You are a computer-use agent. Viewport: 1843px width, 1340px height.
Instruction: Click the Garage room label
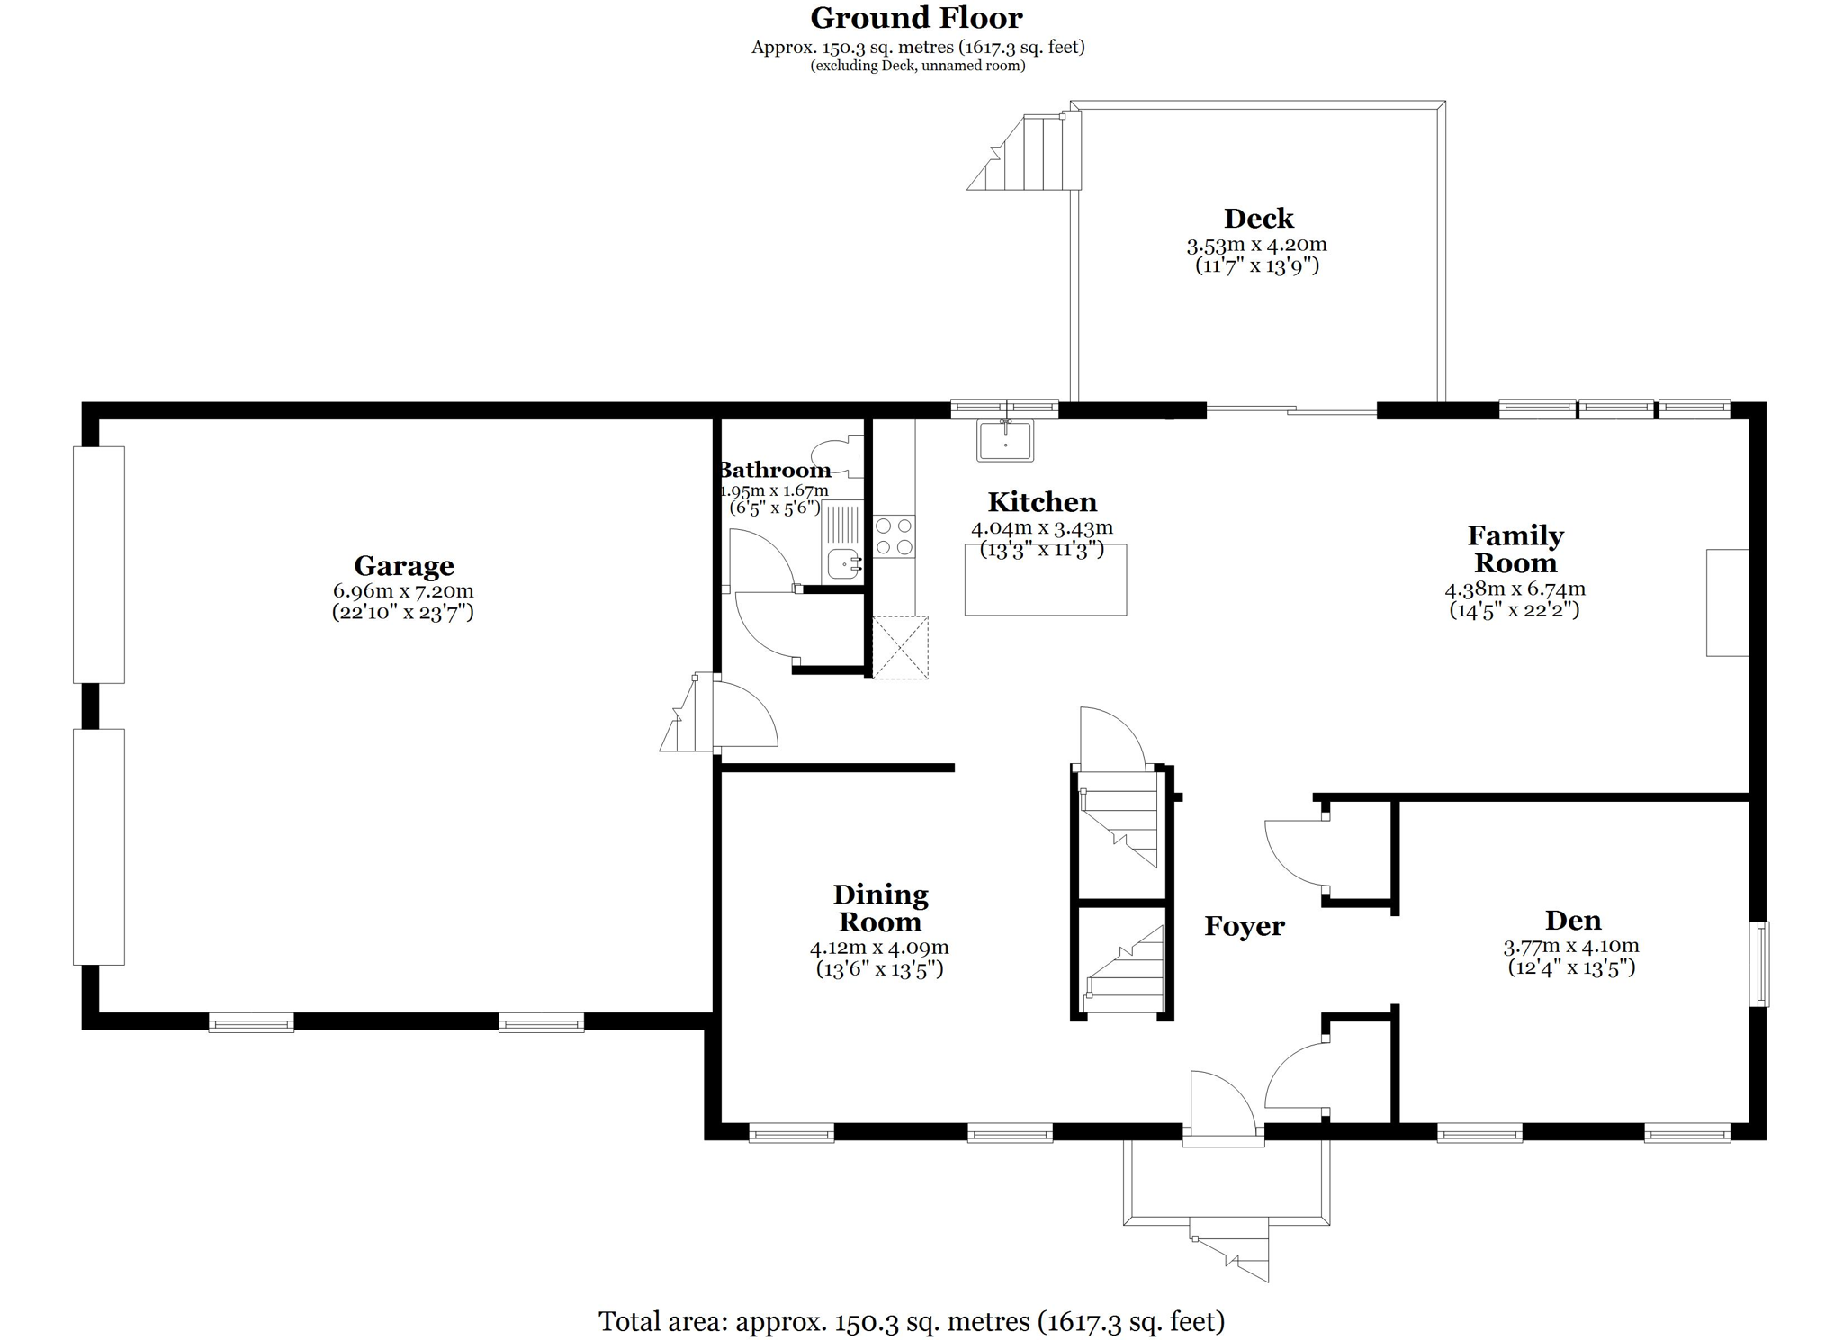(x=404, y=566)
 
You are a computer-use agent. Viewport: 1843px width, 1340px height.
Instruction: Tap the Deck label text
(x=1258, y=219)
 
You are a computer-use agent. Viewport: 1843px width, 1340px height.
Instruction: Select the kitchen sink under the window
(x=1006, y=441)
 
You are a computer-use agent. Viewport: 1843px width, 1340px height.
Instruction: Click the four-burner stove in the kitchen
(x=895, y=536)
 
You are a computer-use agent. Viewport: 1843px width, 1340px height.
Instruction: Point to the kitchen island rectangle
(x=1046, y=580)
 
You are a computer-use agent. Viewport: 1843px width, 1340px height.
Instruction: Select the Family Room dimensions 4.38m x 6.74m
(x=1515, y=589)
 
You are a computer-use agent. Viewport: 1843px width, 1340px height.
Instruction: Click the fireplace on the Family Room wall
(x=1728, y=602)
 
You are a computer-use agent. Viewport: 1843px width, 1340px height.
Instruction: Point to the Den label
(x=1573, y=921)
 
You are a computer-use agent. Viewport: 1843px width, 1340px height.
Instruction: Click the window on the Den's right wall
(x=1758, y=963)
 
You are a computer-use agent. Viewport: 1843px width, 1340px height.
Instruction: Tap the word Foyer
(x=1245, y=926)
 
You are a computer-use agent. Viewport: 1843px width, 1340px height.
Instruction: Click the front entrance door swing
(x=1222, y=1108)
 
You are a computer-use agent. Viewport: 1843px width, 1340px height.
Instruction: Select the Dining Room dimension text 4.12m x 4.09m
(x=879, y=948)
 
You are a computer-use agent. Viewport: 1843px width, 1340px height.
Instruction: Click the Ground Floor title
(x=916, y=18)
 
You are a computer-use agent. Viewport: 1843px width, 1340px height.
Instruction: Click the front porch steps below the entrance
(x=1229, y=1249)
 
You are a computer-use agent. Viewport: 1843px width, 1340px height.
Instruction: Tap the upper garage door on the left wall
(x=99, y=564)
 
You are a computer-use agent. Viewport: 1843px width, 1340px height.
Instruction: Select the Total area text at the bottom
(x=912, y=1321)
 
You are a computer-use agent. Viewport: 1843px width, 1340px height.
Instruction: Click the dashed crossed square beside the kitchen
(x=900, y=647)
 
